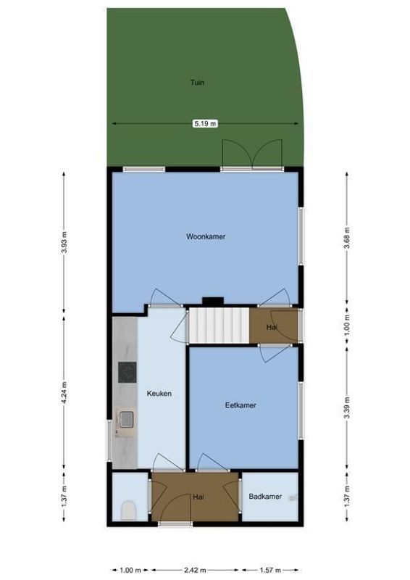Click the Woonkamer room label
(x=205, y=236)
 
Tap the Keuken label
(x=159, y=394)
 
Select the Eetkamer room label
(x=240, y=405)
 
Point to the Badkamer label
(x=264, y=497)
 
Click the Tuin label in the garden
(x=197, y=83)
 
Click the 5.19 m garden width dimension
(x=204, y=124)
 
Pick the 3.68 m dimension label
(x=346, y=236)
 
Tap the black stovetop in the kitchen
(x=127, y=372)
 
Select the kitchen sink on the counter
(x=126, y=419)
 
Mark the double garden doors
(x=250, y=154)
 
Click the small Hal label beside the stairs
(x=272, y=328)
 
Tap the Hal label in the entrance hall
(x=198, y=497)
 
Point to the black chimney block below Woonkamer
(x=212, y=301)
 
